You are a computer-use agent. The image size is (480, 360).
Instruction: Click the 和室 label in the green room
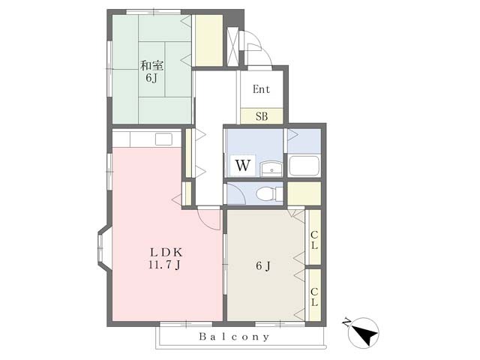pos(151,65)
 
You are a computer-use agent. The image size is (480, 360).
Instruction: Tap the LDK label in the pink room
pos(166,253)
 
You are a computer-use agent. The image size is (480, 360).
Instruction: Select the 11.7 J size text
pos(164,265)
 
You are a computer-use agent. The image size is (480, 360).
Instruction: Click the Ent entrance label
pos(262,89)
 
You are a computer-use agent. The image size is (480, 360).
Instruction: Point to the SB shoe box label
pos(262,116)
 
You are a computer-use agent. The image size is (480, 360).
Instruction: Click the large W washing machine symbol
pos(243,165)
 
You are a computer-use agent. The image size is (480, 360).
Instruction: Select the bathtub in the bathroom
pos(304,166)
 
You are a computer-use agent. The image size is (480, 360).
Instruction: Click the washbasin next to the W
pos(271,169)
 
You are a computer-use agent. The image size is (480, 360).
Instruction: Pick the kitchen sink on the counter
pos(163,139)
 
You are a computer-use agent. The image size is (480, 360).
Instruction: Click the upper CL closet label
pos(314,240)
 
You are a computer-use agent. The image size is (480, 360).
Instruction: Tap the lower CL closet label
pos(314,297)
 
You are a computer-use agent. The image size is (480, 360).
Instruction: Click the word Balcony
pos(234,337)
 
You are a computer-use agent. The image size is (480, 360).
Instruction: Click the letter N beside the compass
pos(346,322)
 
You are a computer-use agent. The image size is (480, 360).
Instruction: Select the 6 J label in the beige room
pos(263,265)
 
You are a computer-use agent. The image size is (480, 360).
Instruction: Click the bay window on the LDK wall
pos(103,248)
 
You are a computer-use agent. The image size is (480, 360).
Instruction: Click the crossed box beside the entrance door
pos(232,46)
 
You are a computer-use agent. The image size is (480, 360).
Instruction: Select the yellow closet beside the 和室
pos(208,40)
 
